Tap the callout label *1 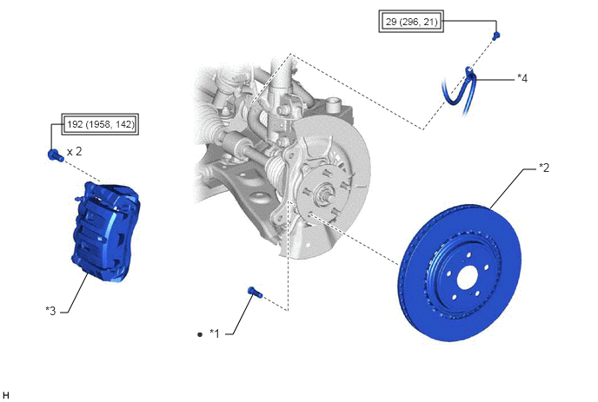215,333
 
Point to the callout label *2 544,168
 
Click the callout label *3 50,311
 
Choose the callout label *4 522,78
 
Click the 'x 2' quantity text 75,152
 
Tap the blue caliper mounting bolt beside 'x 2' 56,155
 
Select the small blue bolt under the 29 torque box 495,36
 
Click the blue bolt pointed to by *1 255,293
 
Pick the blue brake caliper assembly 106,232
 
